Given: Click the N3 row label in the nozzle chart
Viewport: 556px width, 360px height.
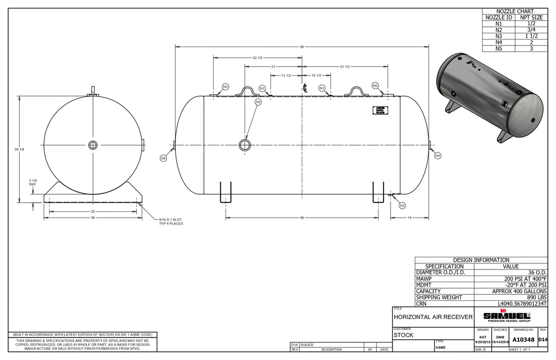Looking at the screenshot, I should [x=498, y=36].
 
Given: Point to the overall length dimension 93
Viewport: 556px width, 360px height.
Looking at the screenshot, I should [x=302, y=47].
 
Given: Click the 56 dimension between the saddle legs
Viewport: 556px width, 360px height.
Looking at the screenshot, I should [x=302, y=217].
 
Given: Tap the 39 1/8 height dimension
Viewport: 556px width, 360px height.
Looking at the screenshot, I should [x=19, y=149].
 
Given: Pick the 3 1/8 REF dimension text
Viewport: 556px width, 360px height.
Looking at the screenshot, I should [x=32, y=182].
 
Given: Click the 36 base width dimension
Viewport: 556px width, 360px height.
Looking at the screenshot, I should [x=92, y=218].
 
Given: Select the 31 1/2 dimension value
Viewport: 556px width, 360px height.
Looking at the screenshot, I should [x=345, y=67].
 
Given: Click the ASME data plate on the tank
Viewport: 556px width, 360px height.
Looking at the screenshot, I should [x=380, y=110].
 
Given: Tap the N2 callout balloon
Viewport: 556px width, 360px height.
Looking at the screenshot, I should [x=402, y=205].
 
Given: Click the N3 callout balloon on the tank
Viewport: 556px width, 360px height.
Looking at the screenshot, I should [x=225, y=87].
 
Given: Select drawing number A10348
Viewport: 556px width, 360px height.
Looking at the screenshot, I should [x=524, y=340].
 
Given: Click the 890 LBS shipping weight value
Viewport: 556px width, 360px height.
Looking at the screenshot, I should [x=536, y=298].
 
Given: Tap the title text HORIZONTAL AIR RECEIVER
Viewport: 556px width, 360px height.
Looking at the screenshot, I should [x=433, y=317].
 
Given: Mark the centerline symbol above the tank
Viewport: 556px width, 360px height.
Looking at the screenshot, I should [x=305, y=87].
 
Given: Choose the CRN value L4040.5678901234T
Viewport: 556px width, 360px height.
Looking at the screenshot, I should [x=522, y=304].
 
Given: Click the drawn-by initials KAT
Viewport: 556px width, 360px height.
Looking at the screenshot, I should [x=483, y=337].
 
